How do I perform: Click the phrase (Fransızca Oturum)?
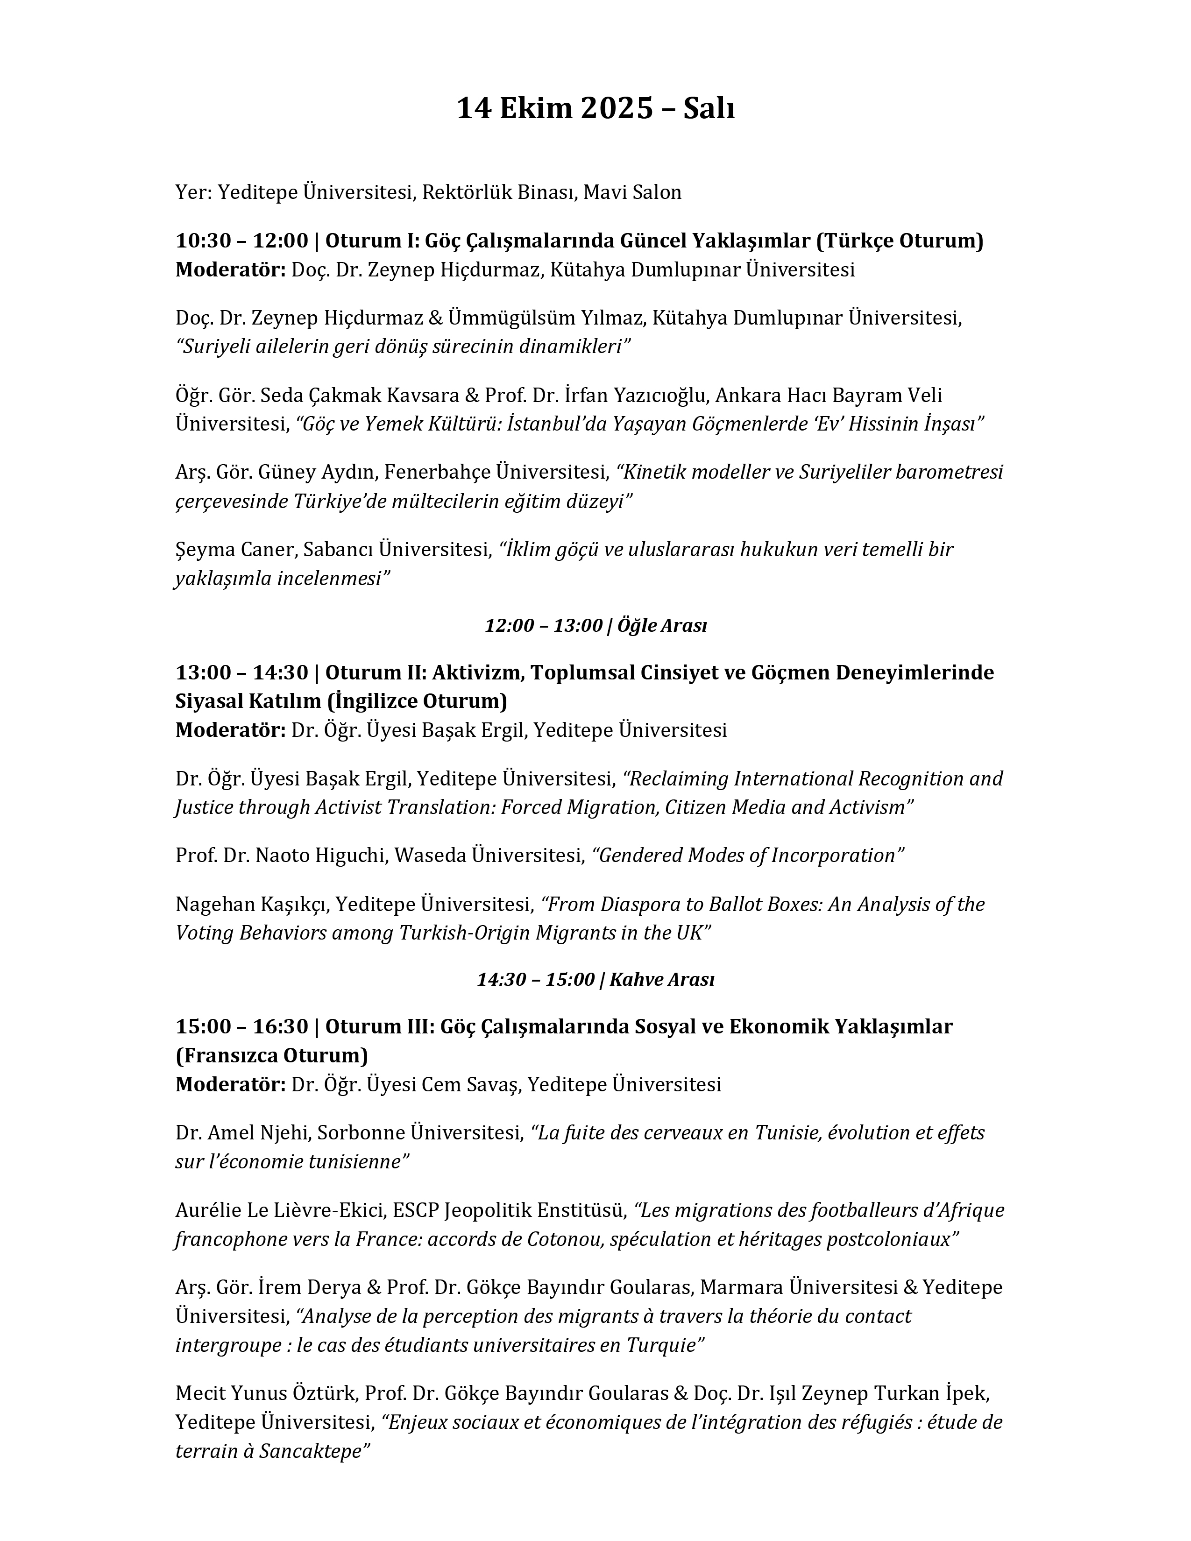pyautogui.click(x=272, y=1055)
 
